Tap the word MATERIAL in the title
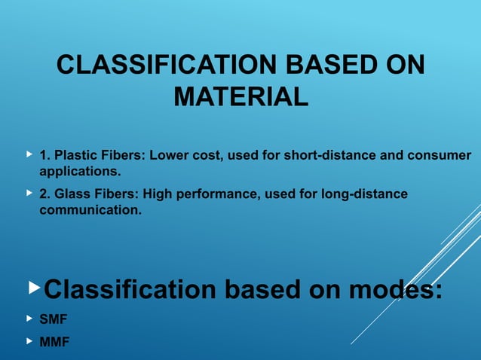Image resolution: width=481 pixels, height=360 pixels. point(240,97)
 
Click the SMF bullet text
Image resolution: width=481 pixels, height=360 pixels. point(54,319)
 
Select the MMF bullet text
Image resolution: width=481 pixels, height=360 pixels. point(54,342)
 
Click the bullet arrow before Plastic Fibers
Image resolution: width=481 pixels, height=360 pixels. point(29,154)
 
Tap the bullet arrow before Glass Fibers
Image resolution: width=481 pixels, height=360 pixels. point(29,194)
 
